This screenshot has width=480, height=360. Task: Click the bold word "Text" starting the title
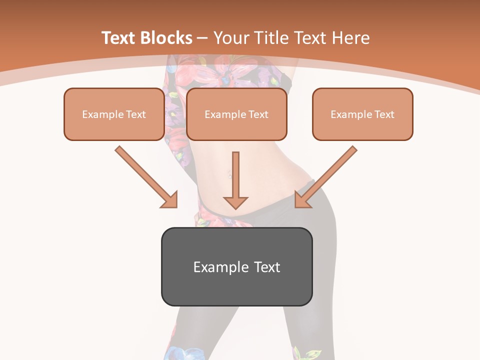click(x=119, y=38)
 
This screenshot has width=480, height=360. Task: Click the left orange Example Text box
click(x=114, y=114)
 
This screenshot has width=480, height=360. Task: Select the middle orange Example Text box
click(x=236, y=114)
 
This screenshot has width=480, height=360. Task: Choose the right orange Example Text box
click(x=362, y=114)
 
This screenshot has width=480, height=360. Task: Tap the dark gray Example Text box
click(x=236, y=266)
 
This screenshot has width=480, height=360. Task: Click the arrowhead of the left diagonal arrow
click(x=170, y=200)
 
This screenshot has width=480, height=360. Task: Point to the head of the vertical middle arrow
click(x=235, y=202)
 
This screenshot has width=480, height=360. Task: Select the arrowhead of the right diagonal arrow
click(x=301, y=200)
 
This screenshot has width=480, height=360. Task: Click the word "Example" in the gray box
click(x=217, y=267)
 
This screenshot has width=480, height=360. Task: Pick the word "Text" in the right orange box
click(x=384, y=114)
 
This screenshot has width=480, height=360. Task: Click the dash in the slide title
click(x=202, y=38)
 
